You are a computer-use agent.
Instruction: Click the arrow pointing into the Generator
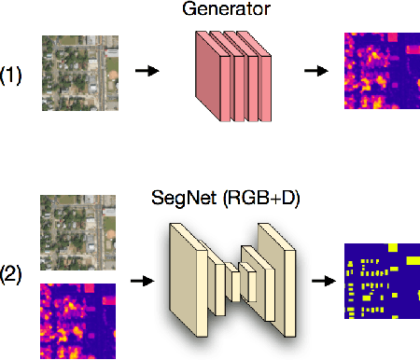(147, 71)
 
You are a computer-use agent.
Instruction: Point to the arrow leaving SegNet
(323, 279)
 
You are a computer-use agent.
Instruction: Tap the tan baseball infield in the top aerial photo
(112, 75)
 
